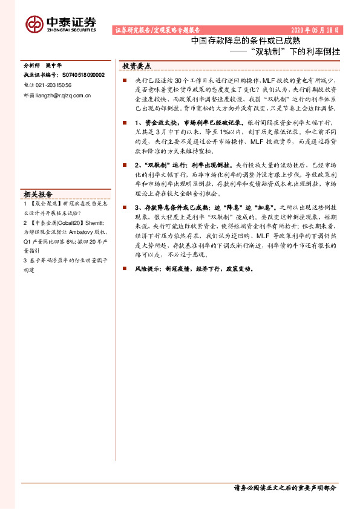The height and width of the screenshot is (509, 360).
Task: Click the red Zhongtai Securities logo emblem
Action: click(34, 24)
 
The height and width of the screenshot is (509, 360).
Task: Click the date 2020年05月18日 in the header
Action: click(315, 30)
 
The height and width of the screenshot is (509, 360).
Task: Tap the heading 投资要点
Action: click(136, 66)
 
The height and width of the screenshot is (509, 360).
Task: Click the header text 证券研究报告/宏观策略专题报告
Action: click(157, 30)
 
